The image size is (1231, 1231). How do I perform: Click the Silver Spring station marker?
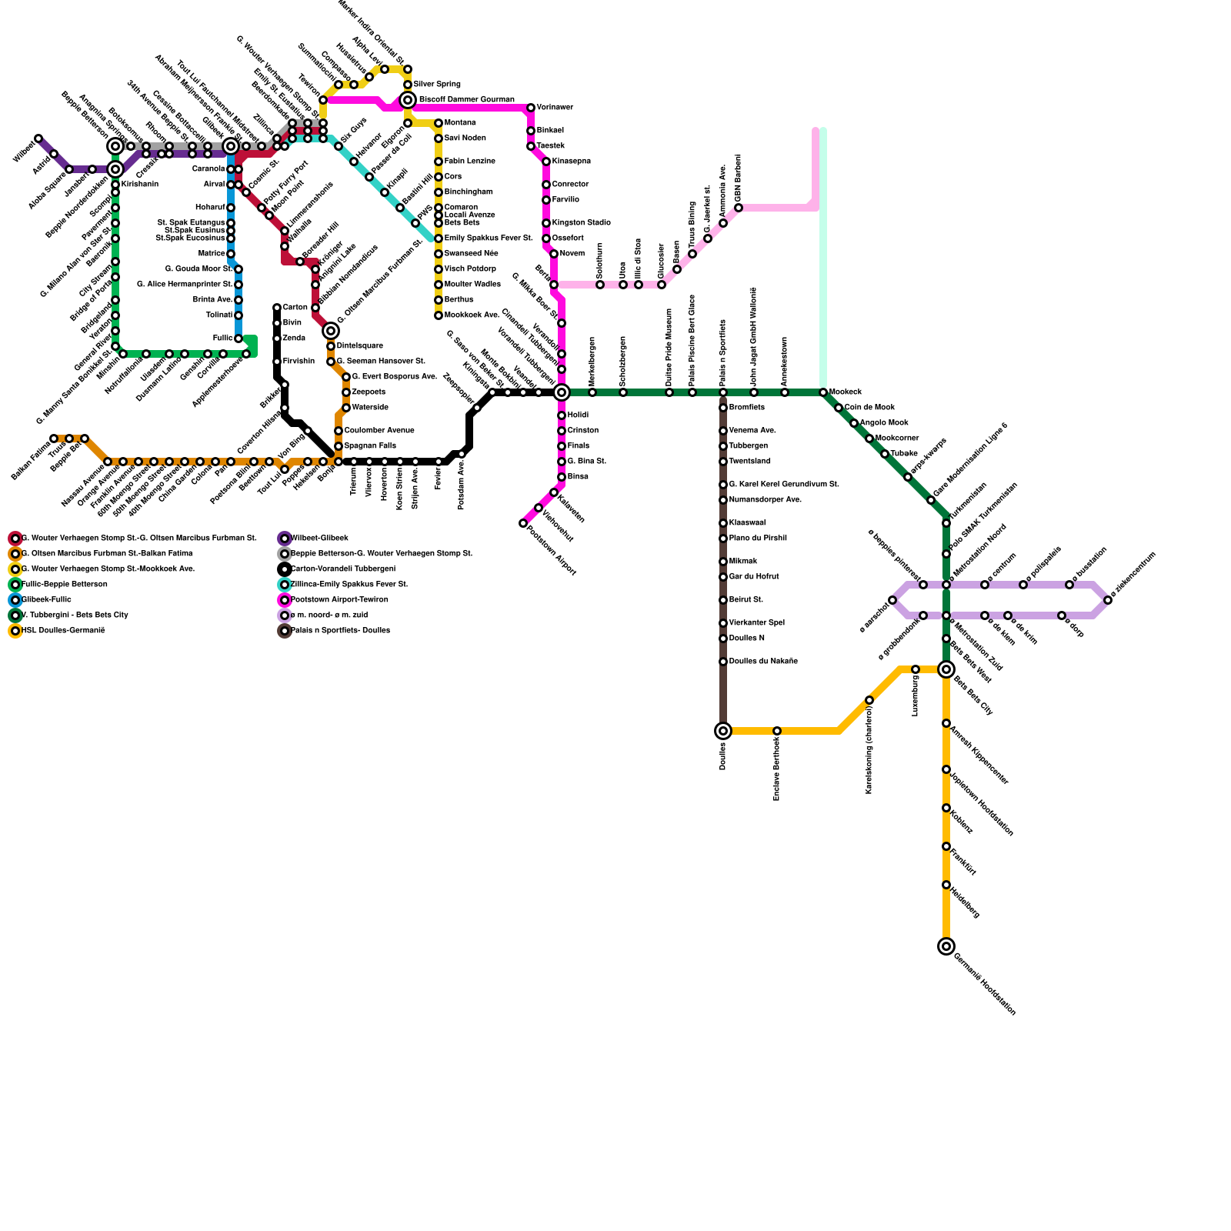point(408,85)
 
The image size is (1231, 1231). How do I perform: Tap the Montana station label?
point(460,123)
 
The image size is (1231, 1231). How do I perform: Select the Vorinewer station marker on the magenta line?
point(531,108)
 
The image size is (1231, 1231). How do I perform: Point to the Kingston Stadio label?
point(581,223)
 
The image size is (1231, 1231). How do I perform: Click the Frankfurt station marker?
point(946,846)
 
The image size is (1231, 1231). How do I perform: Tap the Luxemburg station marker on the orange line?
point(916,669)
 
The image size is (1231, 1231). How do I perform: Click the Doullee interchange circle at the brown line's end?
point(723,731)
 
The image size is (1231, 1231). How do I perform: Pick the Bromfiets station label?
point(747,408)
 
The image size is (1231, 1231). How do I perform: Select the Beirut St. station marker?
point(723,600)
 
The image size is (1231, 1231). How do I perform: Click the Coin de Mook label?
point(869,408)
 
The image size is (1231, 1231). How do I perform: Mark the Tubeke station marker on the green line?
point(885,454)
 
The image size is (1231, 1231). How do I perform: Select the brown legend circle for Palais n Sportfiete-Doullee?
point(285,631)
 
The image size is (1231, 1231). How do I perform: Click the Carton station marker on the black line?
point(277,308)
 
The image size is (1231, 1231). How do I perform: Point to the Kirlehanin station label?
point(140,185)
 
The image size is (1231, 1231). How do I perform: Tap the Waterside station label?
point(370,408)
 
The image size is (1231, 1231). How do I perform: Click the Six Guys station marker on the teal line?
point(339,146)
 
